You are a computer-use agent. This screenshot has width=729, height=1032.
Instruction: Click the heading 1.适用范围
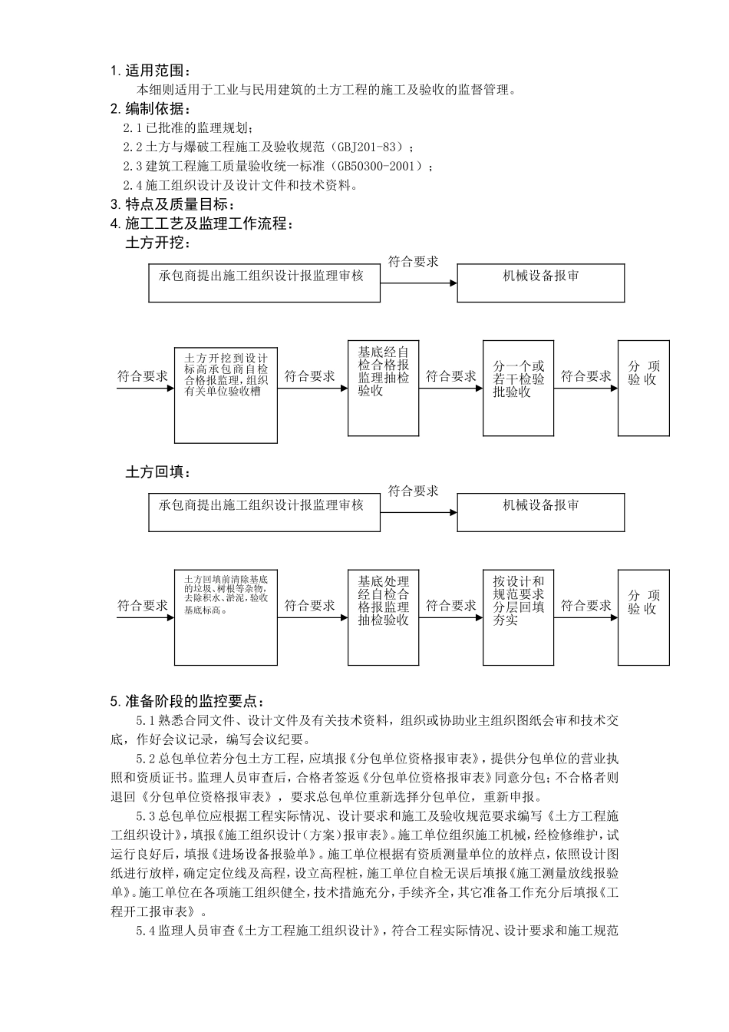[x=149, y=71]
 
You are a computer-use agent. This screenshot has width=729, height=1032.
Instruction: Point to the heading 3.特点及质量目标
[x=173, y=204]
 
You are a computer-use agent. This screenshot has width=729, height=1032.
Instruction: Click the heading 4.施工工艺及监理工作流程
[x=202, y=224]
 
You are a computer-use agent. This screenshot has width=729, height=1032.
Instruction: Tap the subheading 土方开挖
[x=158, y=243]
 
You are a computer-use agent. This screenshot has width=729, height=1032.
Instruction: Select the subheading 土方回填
[x=158, y=471]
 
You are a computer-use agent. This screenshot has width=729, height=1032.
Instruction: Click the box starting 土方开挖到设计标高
[x=226, y=393]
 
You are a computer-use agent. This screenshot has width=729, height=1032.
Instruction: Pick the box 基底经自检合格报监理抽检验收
[x=383, y=388]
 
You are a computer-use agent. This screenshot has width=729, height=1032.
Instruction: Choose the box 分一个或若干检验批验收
[x=518, y=388]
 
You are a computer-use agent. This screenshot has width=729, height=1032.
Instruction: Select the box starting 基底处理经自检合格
[x=383, y=617]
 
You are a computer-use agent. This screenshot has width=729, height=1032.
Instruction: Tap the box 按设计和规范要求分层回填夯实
[x=518, y=617]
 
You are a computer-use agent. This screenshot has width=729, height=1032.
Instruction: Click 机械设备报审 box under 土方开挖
[x=541, y=283]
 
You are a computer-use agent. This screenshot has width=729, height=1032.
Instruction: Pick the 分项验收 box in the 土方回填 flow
[x=643, y=617]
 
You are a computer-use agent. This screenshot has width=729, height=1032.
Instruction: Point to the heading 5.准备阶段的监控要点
[x=187, y=700]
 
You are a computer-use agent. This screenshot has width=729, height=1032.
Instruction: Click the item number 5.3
[x=146, y=815]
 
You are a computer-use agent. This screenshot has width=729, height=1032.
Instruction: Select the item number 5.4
[x=146, y=931]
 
